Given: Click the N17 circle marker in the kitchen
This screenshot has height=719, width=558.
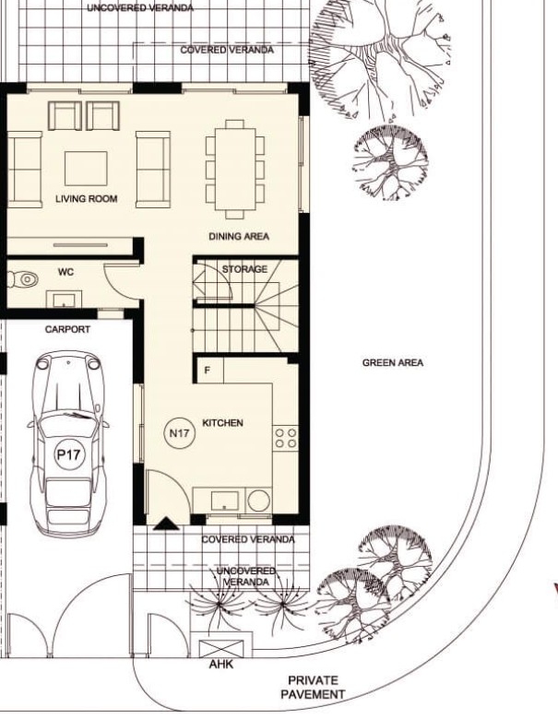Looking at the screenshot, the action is (x=180, y=432).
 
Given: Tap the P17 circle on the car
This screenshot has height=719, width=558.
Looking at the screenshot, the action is (x=69, y=454).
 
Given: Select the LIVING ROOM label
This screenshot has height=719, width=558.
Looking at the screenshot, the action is (x=87, y=199).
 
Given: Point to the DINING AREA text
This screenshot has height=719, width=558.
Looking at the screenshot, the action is (x=239, y=237).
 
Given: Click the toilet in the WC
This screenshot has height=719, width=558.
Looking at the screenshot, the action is (x=24, y=278).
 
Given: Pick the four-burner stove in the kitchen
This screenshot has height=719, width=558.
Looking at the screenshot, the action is (x=285, y=438).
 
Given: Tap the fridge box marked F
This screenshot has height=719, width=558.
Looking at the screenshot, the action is (x=208, y=370).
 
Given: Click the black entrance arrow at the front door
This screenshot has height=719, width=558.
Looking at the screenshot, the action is (x=166, y=524).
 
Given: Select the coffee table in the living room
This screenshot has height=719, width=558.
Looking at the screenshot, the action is (x=86, y=169).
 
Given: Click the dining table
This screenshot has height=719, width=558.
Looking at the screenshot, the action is (x=235, y=170).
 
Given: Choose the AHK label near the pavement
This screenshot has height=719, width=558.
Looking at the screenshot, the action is (x=221, y=664).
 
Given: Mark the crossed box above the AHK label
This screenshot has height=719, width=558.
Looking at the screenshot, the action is (x=220, y=648).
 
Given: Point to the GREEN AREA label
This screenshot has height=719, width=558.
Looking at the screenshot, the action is (x=393, y=362).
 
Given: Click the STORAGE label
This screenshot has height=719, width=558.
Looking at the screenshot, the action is (x=244, y=269).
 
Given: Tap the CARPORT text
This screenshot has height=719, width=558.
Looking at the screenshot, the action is (x=67, y=329).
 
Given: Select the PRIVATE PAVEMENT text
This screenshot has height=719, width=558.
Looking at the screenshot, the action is (x=313, y=688).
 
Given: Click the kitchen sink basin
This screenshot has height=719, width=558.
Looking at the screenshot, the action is (x=225, y=501).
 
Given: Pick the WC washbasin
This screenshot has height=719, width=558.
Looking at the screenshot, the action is (x=65, y=299).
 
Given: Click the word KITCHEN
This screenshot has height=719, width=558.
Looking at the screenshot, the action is (x=222, y=423).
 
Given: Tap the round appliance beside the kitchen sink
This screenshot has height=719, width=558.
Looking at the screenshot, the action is (x=258, y=501).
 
